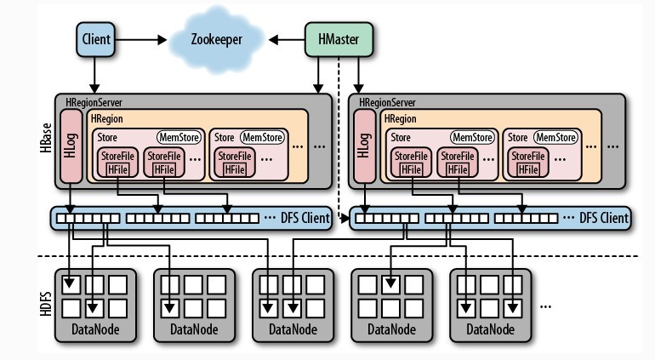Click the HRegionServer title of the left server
pos(94,102)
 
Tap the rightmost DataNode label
pos(489,329)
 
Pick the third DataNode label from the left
pos(292,329)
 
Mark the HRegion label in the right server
pos(400,119)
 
